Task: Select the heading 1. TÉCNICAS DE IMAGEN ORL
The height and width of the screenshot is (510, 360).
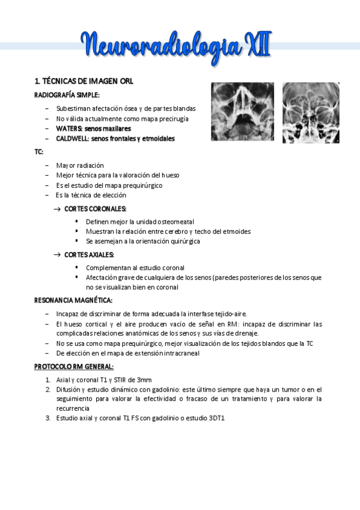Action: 84,81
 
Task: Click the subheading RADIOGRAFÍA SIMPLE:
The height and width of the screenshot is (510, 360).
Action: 67,94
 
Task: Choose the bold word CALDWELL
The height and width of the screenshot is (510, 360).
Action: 73,138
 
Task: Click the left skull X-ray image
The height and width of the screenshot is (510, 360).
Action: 242,111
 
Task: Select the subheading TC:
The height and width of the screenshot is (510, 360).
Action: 39,152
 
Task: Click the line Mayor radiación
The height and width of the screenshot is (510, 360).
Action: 80,165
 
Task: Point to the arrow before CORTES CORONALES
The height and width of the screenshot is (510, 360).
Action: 57,209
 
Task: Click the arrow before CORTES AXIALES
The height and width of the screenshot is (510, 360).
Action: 57,255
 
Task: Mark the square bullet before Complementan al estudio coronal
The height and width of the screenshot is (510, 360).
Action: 77,268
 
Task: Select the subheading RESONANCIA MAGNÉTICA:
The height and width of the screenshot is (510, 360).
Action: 73,300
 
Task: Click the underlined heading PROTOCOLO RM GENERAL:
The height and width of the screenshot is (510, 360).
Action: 73,366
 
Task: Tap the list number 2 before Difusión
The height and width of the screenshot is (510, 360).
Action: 48,389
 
